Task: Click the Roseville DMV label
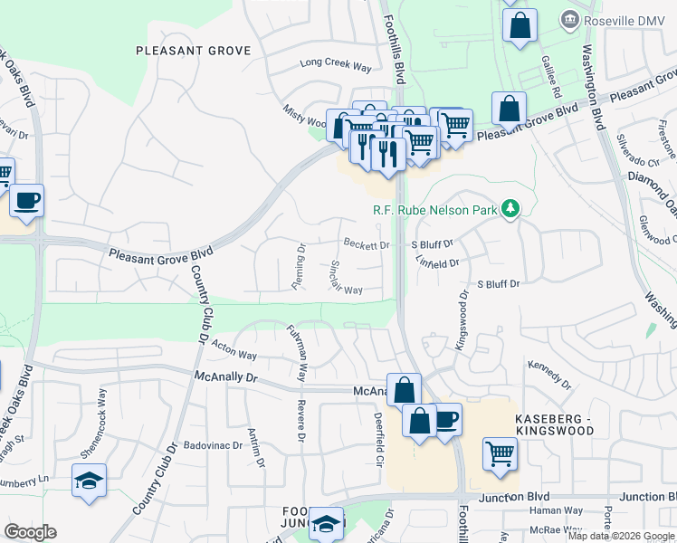pos(619,20)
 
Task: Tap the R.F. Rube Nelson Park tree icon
pos(510,210)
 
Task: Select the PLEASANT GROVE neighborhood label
pos(193,51)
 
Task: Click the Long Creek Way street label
pos(337,65)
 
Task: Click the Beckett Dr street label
pos(367,244)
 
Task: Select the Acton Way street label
pos(234,348)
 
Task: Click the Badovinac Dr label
pos(213,445)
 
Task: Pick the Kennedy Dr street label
pos(549,374)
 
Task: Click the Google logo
pos(30,532)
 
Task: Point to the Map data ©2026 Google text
pos(620,536)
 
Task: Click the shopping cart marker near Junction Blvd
pos(500,453)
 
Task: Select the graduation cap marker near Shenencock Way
pos(90,480)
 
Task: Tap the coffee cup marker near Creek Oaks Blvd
pos(26,200)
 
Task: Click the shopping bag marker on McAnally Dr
pos(404,390)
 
